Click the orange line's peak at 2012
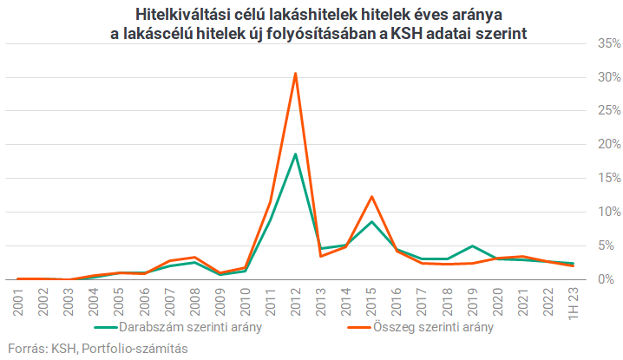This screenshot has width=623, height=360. pyautogui.click(x=295, y=74)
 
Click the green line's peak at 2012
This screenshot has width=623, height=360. pyautogui.click(x=295, y=154)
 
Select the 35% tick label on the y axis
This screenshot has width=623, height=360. pyautogui.click(x=607, y=43)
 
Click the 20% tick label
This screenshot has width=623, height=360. pyautogui.click(x=607, y=145)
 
